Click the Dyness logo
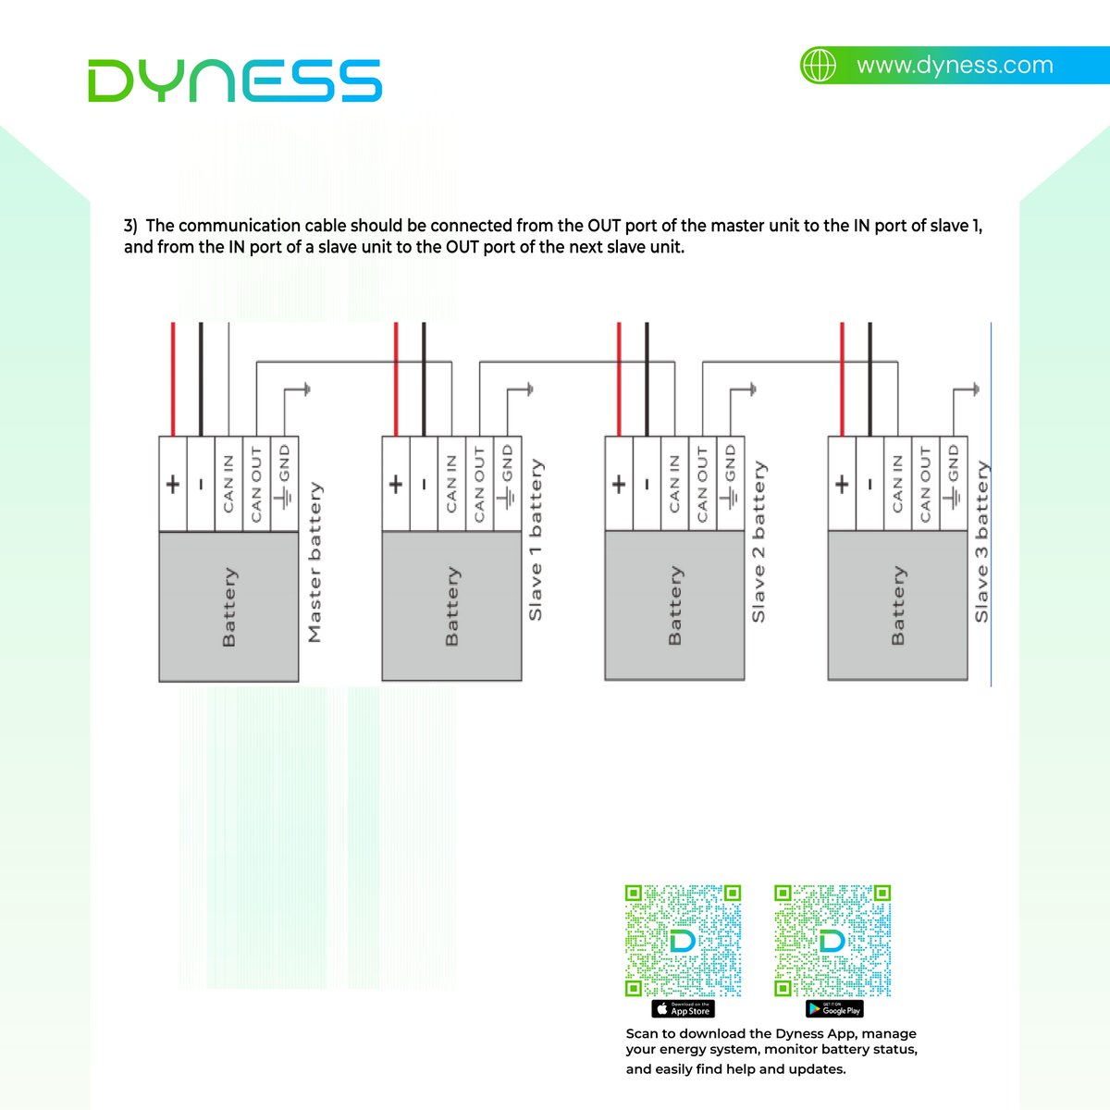pos(235,80)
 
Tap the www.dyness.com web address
pos(954,66)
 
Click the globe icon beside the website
pos(819,66)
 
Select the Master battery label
pos(314,562)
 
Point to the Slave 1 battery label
pos(536,540)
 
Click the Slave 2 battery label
pos(758,542)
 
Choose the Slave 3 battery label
pos(981,542)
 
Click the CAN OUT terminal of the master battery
pos(256,484)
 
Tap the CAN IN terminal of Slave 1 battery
pos(450,484)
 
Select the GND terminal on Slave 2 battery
pos(730,484)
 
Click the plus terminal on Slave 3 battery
pos(842,484)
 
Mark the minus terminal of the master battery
pos(201,484)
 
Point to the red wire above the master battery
pos(173,379)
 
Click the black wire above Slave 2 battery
pos(647,379)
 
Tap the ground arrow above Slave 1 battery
pos(529,389)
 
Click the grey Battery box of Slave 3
pos(897,606)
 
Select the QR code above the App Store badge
pos(684,941)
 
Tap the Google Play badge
pos(833,1009)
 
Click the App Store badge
pos(684,1009)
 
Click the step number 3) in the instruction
pos(130,226)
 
